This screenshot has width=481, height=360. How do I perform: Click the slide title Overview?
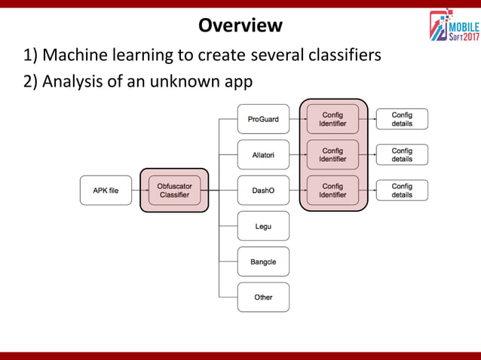pyautogui.click(x=240, y=26)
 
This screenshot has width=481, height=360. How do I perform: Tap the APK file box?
pyautogui.click(x=106, y=191)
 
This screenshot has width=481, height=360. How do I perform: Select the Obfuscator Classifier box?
pyautogui.click(x=174, y=191)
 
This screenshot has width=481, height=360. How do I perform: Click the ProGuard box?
pyautogui.click(x=263, y=119)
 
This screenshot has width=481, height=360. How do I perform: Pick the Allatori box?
pyautogui.click(x=263, y=154)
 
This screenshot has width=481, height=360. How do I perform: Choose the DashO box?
pyautogui.click(x=263, y=191)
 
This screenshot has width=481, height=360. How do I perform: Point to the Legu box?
pyautogui.click(x=263, y=226)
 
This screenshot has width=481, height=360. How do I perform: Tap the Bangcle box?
pyautogui.click(x=263, y=261)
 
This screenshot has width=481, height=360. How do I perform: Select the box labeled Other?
pyautogui.click(x=263, y=297)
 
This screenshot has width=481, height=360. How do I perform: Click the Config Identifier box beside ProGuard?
pyautogui.click(x=333, y=119)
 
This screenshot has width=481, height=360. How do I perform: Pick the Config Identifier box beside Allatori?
pyautogui.click(x=333, y=154)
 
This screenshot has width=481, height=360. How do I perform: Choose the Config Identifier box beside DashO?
pyautogui.click(x=333, y=191)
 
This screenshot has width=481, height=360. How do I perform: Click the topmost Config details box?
pyautogui.click(x=402, y=119)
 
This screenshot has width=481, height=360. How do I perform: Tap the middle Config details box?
pyautogui.click(x=402, y=154)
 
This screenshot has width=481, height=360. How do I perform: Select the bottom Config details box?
pyautogui.click(x=402, y=191)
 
